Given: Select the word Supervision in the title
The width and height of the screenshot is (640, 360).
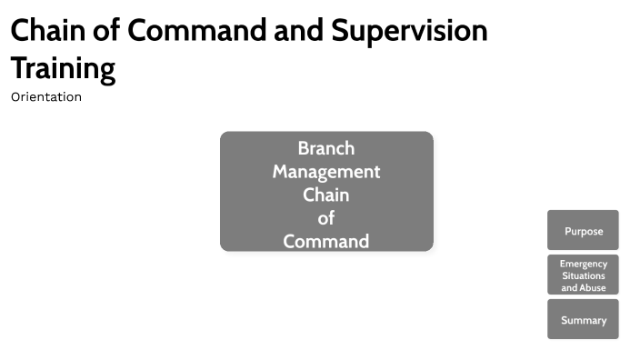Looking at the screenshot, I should (x=409, y=31).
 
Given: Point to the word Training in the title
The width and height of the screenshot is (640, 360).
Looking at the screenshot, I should (x=63, y=68).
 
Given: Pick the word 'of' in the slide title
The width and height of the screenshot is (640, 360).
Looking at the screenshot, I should (x=107, y=31).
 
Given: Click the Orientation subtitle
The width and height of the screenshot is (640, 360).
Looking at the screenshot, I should (x=46, y=96).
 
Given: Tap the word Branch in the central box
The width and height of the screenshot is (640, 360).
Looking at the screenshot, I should (x=326, y=148).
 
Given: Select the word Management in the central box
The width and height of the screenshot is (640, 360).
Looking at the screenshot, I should (x=326, y=172).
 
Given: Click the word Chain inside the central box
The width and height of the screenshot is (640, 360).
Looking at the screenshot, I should (x=326, y=195).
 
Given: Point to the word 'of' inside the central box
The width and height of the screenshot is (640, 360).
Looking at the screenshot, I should (x=326, y=218).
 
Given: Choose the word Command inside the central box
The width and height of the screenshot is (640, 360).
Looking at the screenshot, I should (x=326, y=242).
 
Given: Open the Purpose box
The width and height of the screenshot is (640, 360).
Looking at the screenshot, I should (x=583, y=231).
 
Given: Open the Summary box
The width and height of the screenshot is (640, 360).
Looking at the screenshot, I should (x=583, y=320).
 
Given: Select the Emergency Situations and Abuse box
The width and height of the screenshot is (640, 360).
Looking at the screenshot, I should (x=583, y=275).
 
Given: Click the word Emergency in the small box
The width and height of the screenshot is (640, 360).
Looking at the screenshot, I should (x=583, y=264).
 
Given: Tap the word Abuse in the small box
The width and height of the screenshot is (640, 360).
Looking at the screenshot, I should (x=593, y=287).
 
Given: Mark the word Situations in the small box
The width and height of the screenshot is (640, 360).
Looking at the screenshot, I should (x=583, y=275).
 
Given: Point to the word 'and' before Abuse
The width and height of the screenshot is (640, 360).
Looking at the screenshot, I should (x=569, y=287).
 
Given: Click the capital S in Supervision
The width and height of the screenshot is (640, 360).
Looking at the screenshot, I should (x=340, y=31).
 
